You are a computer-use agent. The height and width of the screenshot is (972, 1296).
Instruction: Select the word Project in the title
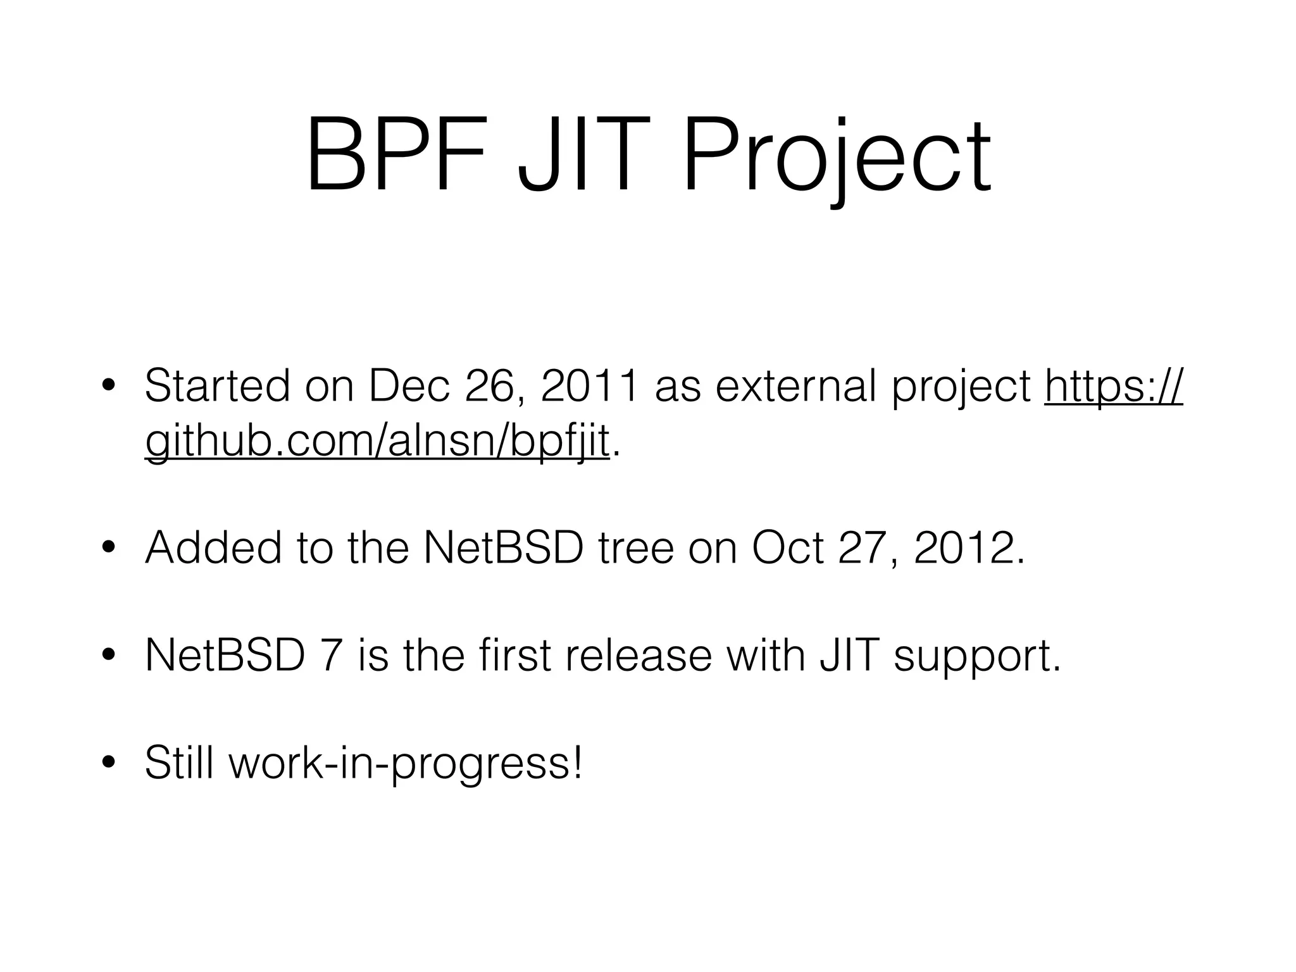tap(837, 158)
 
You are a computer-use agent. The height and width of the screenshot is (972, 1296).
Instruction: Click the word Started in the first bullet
tap(217, 386)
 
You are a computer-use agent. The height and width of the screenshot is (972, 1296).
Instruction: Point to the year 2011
tap(589, 386)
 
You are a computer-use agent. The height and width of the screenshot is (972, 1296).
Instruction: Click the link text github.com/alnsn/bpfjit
tap(377, 440)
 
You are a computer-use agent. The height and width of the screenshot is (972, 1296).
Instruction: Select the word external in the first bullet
tap(797, 386)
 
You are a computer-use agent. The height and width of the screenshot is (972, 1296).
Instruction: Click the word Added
tap(213, 547)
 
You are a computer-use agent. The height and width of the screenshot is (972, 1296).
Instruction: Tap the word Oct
tap(787, 547)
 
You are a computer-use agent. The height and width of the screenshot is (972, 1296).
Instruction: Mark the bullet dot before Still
tap(108, 763)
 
